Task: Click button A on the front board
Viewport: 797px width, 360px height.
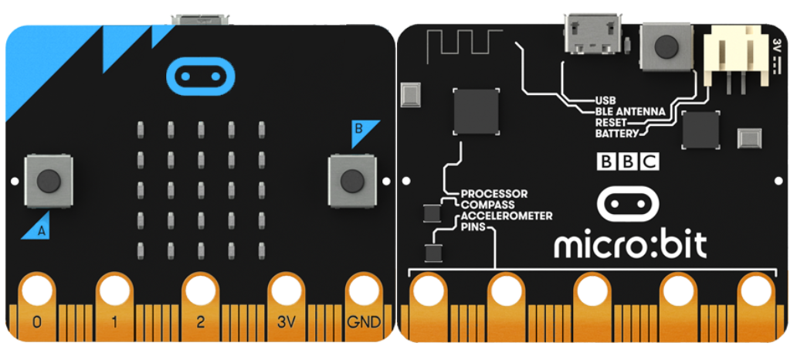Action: click(x=49, y=181)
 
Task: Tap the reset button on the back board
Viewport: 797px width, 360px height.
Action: click(x=666, y=47)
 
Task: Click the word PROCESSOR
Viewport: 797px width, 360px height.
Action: click(x=494, y=194)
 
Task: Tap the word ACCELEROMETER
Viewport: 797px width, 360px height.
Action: click(x=507, y=216)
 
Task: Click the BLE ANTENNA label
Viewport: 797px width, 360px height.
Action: click(x=629, y=110)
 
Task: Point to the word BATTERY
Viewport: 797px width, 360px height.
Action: click(x=616, y=134)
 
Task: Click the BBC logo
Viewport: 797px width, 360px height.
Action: click(x=628, y=161)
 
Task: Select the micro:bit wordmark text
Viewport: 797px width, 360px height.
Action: click(x=630, y=245)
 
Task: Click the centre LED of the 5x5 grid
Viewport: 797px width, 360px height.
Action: click(x=201, y=190)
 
